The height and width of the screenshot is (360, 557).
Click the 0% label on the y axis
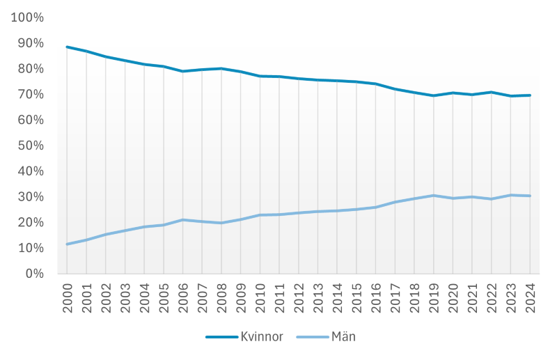tap(34, 274)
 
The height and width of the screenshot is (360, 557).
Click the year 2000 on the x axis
tap(68, 297)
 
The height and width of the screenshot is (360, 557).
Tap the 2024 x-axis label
tap(531, 297)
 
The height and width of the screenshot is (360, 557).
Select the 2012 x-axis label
tap(299, 297)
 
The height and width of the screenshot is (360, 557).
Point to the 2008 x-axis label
tap(222, 297)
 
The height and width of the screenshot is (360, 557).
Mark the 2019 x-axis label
tap(434, 297)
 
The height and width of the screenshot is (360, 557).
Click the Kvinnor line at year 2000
tap(67, 47)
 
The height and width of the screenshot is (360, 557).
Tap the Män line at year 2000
tap(67, 244)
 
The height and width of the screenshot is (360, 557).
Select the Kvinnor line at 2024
tap(530, 95)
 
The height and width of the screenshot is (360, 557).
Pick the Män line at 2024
tap(530, 196)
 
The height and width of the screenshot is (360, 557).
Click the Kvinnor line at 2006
tap(182, 71)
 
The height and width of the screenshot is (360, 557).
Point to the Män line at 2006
tap(182, 220)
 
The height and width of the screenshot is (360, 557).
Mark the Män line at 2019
tap(433, 196)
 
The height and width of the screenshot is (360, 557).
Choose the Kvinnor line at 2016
tap(375, 84)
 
